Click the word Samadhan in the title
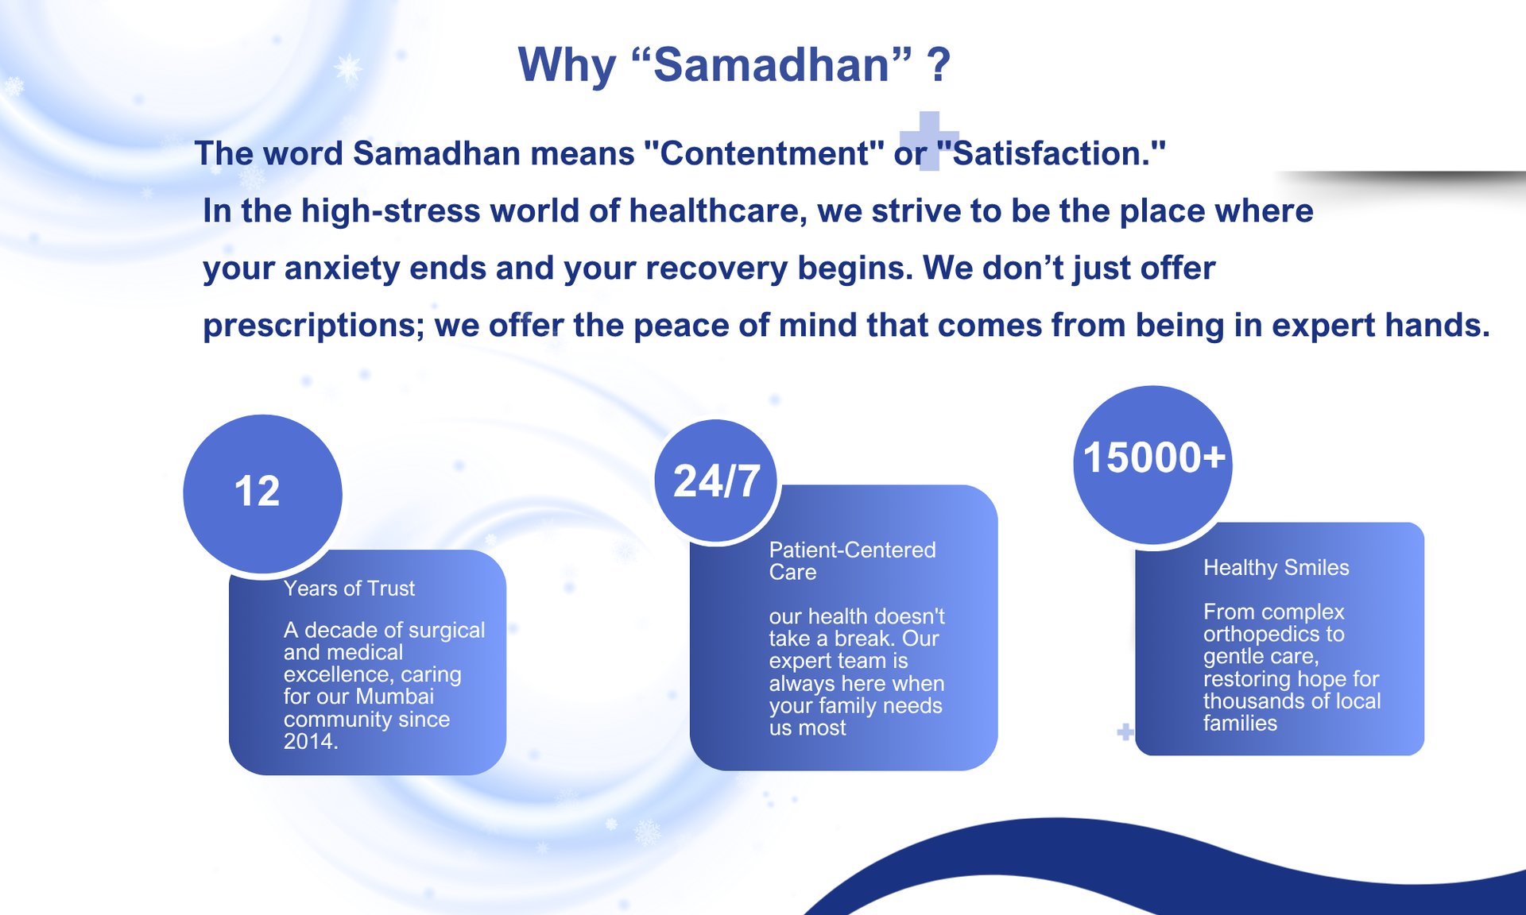pos(772,64)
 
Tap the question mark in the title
pos(939,65)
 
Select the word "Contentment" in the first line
pos(764,153)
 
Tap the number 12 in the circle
pos(258,491)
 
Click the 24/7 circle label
pos(717,481)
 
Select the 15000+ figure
pos(1154,457)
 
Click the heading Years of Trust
pos(349,589)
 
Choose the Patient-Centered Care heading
pos(852,561)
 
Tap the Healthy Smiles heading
pos(1276,567)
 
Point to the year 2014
pos(311,742)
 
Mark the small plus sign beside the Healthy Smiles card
pos(1125,732)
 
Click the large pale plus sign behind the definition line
pos(929,141)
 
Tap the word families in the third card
pos(1240,724)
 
